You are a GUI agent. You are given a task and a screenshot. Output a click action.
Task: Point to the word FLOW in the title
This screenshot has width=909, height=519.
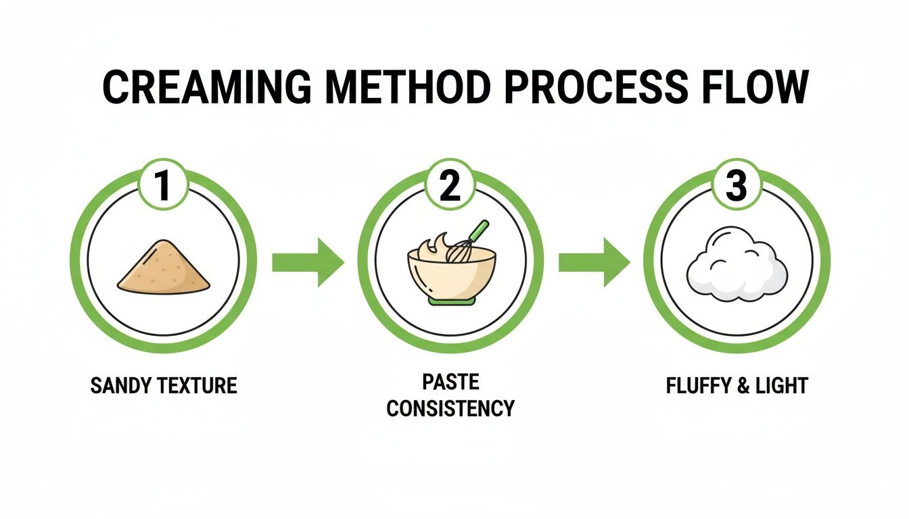pos(752,86)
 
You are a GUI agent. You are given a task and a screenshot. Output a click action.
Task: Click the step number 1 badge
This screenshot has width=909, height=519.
pos(163,187)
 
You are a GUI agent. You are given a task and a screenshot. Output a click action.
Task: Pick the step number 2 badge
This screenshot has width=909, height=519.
pos(450,187)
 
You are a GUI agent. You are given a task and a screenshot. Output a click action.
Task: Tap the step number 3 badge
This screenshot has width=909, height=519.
pos(737,187)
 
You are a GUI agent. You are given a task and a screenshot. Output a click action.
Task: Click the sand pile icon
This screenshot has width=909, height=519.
pos(164,268)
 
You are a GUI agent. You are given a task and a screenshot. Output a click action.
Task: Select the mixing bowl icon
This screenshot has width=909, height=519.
pos(451,270)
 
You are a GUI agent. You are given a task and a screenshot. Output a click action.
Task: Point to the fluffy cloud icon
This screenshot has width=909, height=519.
pos(737,268)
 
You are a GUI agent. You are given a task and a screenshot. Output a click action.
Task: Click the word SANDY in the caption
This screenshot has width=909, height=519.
pos(122,386)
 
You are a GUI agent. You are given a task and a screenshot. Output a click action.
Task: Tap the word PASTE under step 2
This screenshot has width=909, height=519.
pos(450,382)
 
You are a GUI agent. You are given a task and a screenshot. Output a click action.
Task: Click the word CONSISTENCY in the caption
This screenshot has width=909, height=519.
pos(450,408)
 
